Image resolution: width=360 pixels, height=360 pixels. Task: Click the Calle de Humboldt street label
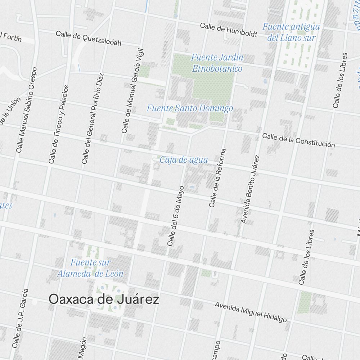pyautogui.click(x=229, y=30)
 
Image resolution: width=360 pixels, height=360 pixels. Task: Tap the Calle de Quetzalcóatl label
pyautogui.click(x=89, y=39)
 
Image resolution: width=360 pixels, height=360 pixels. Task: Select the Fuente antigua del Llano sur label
pyautogui.click(x=291, y=32)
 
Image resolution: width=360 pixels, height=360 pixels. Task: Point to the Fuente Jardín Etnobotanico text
pyautogui.click(x=217, y=63)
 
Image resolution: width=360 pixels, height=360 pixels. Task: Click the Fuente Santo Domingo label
pyautogui.click(x=190, y=108)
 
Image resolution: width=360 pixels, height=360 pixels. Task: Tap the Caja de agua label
pyautogui.click(x=184, y=160)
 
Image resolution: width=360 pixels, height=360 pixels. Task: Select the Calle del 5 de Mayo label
pyautogui.click(x=176, y=216)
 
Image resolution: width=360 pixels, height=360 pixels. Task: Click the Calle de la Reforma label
pyautogui.click(x=217, y=178)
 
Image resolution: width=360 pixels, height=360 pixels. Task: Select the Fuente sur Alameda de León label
pyautogui.click(x=90, y=268)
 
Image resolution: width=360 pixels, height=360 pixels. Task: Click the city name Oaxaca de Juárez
pyautogui.click(x=104, y=300)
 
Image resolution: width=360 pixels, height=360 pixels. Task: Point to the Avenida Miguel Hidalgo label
pyautogui.click(x=251, y=312)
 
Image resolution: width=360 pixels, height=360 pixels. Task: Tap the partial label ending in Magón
pyautogui.click(x=82, y=348)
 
